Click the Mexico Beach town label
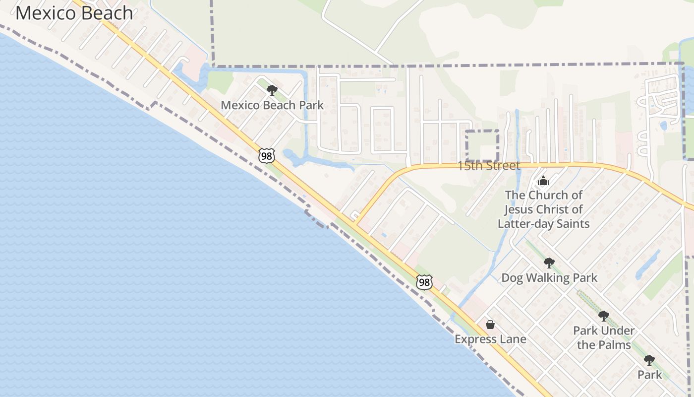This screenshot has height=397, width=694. (x=74, y=13)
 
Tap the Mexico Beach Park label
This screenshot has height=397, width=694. (x=272, y=105)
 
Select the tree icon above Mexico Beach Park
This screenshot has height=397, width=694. (x=272, y=90)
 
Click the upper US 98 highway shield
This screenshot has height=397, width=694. (x=267, y=156)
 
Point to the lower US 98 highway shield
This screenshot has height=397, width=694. (x=424, y=282)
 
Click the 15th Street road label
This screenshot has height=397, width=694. (x=488, y=166)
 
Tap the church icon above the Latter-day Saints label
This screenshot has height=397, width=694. (x=543, y=181)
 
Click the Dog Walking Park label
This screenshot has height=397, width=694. (x=549, y=278)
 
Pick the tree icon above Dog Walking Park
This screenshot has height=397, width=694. (x=549, y=263)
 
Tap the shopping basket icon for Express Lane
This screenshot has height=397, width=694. (x=490, y=325)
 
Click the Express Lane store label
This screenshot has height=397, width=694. (x=490, y=339)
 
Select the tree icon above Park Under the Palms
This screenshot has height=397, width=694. (x=603, y=316)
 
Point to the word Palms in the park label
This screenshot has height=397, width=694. (x=614, y=345)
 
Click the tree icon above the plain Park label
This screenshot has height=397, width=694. (x=649, y=360)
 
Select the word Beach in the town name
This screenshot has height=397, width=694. (x=107, y=13)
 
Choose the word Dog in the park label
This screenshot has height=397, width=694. (x=513, y=278)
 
